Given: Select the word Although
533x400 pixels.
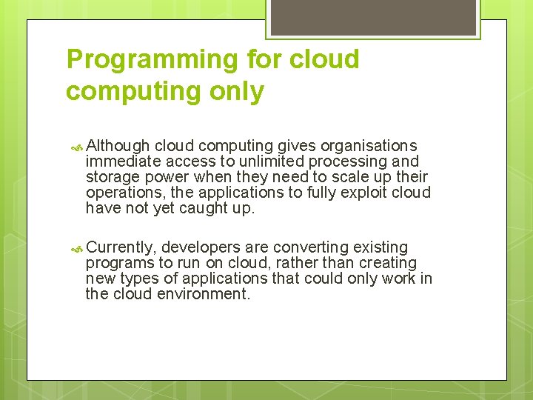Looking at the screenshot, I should click(x=118, y=146).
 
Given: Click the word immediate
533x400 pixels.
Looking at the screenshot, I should click(x=123, y=161).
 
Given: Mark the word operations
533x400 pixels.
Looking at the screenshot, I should click(x=120, y=193).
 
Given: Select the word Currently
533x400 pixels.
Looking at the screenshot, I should click(x=120, y=247).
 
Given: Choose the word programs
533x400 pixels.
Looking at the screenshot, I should click(x=118, y=263).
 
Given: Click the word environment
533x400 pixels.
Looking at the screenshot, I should click(x=204, y=294).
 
